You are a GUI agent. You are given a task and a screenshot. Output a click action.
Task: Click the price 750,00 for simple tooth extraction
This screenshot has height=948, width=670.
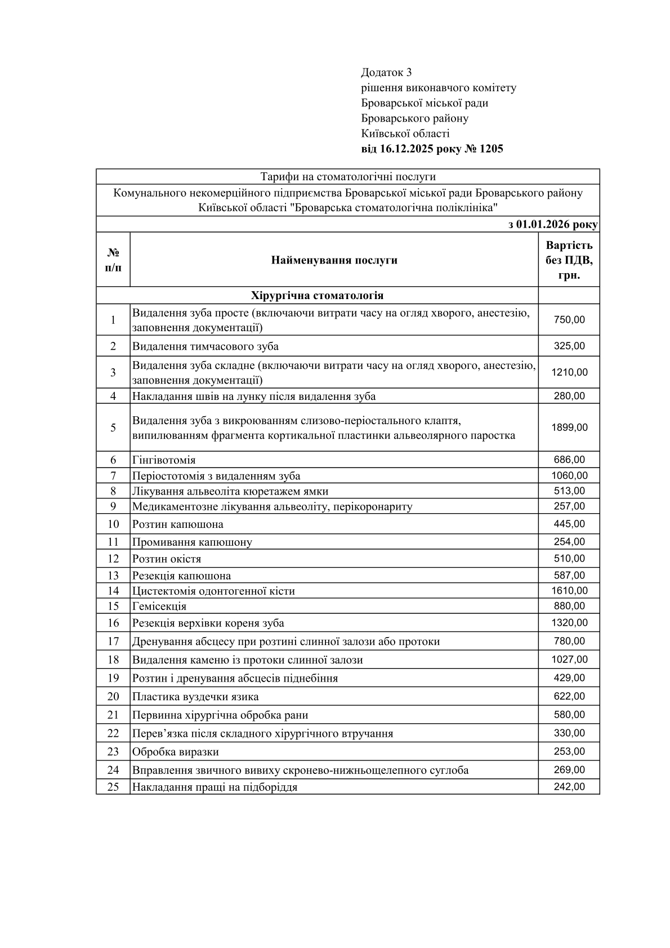coord(569,320)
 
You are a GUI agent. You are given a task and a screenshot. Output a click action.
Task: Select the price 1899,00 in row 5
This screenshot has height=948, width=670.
coord(569,428)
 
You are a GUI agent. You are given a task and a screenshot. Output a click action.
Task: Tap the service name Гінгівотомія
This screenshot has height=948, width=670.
coord(164,460)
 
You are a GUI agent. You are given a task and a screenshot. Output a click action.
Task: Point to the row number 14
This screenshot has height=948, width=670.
coord(113,591)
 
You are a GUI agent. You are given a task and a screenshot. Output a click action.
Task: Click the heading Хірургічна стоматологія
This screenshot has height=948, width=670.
coord(317,296)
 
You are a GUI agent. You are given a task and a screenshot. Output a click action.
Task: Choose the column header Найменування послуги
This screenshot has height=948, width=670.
coord(334,260)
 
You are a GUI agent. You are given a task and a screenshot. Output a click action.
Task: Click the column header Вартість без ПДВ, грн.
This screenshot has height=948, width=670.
coord(569,260)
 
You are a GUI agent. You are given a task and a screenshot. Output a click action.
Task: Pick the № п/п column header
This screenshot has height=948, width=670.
coord(113,260)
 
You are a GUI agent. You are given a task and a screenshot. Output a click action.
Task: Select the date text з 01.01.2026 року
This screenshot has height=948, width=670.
coord(552,225)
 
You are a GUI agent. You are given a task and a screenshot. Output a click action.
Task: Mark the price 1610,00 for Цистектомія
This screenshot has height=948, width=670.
coord(569,591)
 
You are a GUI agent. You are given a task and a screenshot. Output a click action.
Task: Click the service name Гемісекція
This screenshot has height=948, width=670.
coord(159,607)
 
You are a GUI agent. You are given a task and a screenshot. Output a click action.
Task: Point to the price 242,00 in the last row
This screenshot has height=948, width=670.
coord(569,787)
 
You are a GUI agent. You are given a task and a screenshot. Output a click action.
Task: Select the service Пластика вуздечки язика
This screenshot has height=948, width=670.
coord(195,697)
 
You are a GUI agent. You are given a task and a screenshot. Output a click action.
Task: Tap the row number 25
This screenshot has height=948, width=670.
coord(113,787)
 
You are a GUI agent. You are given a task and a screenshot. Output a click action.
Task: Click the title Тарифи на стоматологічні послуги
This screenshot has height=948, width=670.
coord(347,177)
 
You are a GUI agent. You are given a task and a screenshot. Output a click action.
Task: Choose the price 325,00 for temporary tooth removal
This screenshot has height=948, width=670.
coord(569,346)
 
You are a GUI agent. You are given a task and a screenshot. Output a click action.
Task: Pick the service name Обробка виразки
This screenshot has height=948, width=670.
coord(175,752)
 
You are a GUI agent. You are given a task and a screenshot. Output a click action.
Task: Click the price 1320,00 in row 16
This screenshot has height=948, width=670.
coord(569,623)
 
